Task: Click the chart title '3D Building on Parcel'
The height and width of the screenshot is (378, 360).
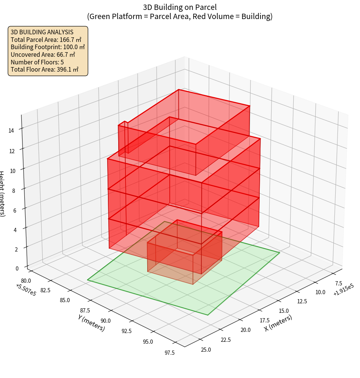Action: [x=180, y=7]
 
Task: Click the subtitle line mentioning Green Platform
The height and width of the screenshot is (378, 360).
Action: [x=180, y=16]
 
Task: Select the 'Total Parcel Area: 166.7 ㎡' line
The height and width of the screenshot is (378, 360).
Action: [x=46, y=40]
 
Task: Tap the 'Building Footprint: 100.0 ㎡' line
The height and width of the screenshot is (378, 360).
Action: [x=48, y=47]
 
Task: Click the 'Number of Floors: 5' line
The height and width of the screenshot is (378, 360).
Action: [x=37, y=62]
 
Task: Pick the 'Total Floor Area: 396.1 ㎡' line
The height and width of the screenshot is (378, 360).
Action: [x=45, y=69]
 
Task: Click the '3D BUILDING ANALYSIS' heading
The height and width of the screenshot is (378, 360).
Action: [x=42, y=32]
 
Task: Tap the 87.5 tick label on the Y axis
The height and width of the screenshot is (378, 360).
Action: [x=85, y=310]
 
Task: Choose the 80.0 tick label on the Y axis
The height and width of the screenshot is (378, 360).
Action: [x=27, y=281]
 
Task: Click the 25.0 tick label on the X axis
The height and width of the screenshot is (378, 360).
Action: [x=206, y=349]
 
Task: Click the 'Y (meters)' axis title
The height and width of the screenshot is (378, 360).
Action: [x=92, y=322]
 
